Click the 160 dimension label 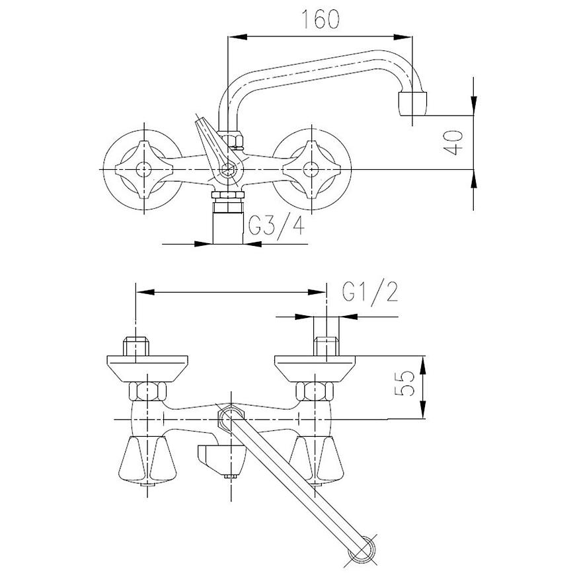[x=320, y=19]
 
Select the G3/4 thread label [x=276, y=225]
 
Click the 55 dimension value [x=404, y=383]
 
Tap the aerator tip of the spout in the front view [x=412, y=104]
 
